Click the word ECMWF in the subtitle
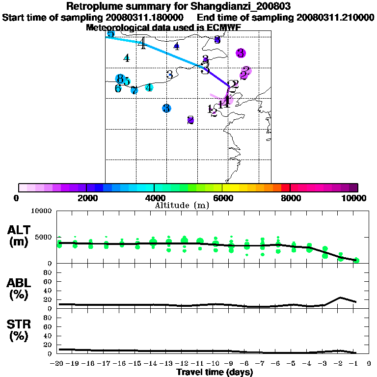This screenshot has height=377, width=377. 223,27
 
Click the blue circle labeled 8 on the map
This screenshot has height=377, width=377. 119,79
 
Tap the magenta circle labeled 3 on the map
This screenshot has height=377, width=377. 241,53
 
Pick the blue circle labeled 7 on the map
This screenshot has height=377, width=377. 134,90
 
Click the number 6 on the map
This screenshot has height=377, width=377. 118,89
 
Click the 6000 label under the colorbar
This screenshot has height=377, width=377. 222,198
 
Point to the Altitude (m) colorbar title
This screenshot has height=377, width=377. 182,205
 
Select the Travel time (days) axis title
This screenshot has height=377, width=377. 215,372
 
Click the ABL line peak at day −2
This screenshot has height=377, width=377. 340,297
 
